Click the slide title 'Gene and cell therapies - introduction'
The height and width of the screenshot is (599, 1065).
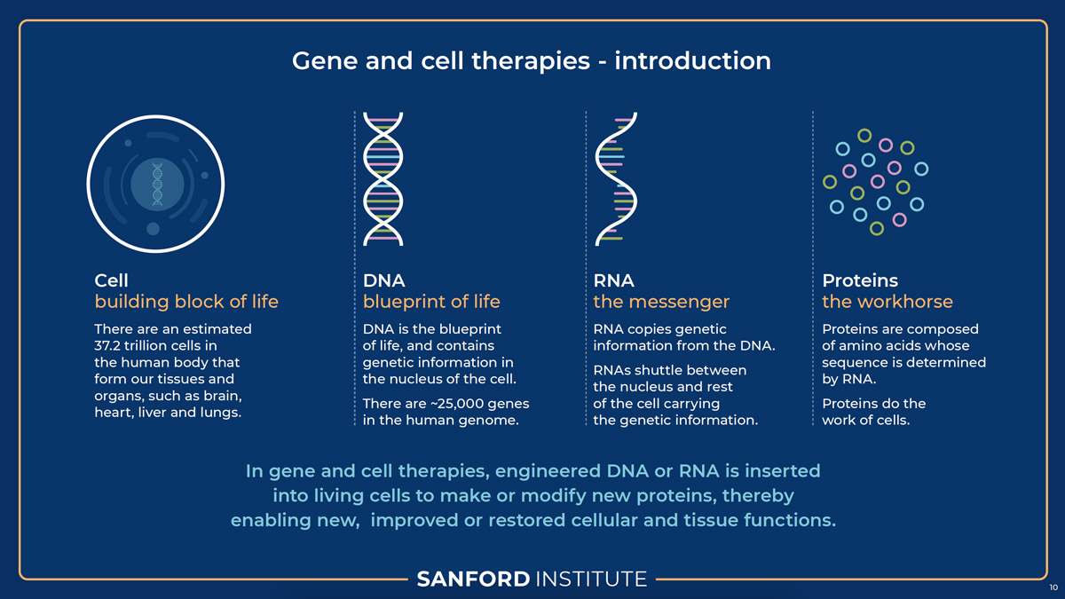click(x=531, y=61)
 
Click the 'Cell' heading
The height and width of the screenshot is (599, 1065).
click(x=111, y=280)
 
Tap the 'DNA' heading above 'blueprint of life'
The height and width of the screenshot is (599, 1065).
click(x=383, y=280)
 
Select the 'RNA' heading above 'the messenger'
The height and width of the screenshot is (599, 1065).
click(x=613, y=280)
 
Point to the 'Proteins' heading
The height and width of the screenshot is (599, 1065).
click(x=860, y=280)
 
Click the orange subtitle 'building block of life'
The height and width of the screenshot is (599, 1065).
click(x=186, y=302)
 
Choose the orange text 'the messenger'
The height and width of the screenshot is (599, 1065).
click(x=661, y=302)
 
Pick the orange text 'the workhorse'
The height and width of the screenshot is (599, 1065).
click(x=887, y=302)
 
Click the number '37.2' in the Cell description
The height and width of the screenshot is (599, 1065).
click(x=107, y=345)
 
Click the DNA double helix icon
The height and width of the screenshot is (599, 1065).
click(x=383, y=179)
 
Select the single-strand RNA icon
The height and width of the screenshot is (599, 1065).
click(x=616, y=179)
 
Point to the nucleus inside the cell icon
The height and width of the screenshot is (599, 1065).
click(x=157, y=185)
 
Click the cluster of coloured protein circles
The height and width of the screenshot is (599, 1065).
click(x=876, y=182)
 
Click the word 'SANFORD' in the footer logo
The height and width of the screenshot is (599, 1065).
click(x=473, y=579)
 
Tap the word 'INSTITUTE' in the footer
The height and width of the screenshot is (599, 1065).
click(x=591, y=579)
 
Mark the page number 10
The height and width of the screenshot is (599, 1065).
click(x=1053, y=587)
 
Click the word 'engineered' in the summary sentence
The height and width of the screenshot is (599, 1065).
click(x=548, y=471)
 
